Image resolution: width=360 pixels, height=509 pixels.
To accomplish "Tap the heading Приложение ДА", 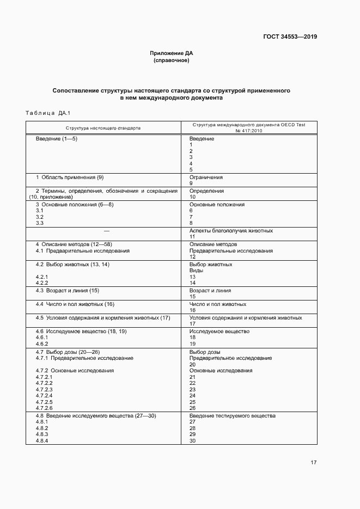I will click(x=172, y=53).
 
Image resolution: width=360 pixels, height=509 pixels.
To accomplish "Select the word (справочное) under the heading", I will click(x=172, y=60).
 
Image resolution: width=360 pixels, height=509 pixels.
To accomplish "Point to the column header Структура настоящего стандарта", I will click(x=103, y=128).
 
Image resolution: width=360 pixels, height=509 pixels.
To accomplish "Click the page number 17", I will click(x=313, y=463).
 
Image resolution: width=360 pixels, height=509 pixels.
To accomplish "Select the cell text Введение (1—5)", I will click(x=57, y=139).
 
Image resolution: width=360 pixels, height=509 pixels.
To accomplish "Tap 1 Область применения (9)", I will click(x=70, y=177).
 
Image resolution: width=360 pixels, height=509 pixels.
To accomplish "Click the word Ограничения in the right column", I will click(x=206, y=177).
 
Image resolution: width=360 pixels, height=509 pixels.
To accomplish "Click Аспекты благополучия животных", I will click(x=231, y=231).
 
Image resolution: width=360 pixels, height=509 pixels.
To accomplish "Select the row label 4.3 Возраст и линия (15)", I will click(x=68, y=291).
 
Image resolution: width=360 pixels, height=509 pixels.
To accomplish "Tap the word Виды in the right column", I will click(x=196, y=271).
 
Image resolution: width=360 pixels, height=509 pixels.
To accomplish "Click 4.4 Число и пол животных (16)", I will click(x=75, y=304).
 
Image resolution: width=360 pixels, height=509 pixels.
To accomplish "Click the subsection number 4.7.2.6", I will click(x=44, y=408).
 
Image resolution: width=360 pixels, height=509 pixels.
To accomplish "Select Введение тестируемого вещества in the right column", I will click(x=233, y=416).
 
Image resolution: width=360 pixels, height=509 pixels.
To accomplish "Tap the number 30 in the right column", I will click(x=192, y=441).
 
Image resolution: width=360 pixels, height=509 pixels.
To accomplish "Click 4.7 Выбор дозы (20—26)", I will click(x=68, y=352).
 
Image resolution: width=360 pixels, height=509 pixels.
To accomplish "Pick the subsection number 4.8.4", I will click(x=42, y=441).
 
